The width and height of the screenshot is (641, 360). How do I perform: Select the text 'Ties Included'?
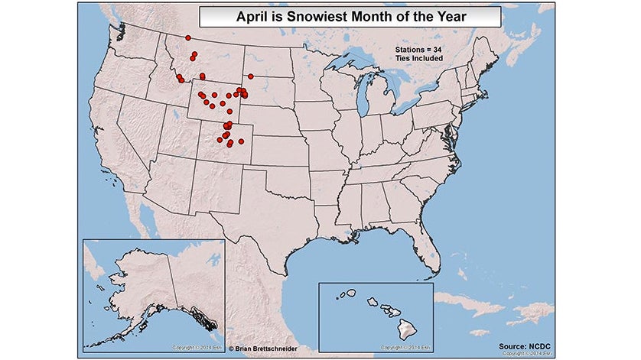[418, 58]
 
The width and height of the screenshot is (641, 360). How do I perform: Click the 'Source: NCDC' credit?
[526, 345]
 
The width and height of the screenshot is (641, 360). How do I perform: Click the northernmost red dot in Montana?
[188, 37]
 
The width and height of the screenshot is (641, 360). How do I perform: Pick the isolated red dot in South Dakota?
[249, 75]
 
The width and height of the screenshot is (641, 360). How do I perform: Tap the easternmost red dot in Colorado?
[242, 141]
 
